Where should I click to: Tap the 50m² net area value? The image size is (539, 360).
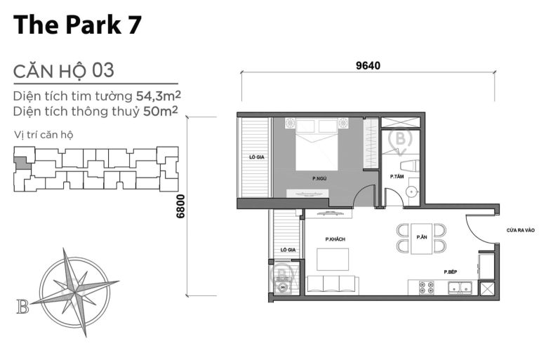point(159,111)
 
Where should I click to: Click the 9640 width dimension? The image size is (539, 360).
point(368,66)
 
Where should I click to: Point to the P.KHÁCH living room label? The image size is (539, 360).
point(335,239)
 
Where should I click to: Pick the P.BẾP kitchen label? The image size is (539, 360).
point(451,272)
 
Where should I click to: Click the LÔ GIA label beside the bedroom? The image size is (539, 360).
point(255,158)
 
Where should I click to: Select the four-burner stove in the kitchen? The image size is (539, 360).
point(426,287)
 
